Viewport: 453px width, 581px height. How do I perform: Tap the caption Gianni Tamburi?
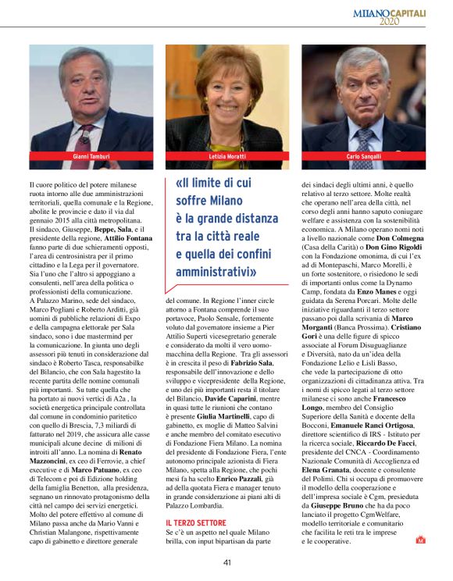tap(91, 157)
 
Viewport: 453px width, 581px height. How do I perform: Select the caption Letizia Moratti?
tap(226, 157)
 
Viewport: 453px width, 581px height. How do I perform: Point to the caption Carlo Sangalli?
tap(363, 157)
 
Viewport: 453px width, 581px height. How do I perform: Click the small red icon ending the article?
tap(420, 538)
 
